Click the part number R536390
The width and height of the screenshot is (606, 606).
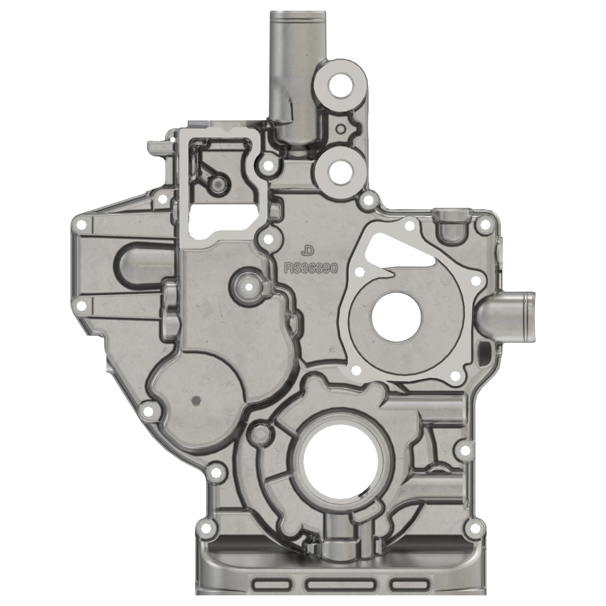(x=310, y=268)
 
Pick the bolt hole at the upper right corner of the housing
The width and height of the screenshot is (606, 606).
(x=484, y=225)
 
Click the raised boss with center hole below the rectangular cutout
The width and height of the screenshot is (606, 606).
(x=249, y=286)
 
